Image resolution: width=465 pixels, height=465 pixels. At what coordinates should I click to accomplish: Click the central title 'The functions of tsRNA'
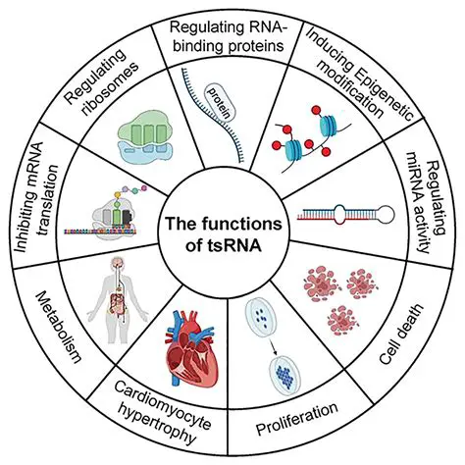[x=232, y=232]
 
